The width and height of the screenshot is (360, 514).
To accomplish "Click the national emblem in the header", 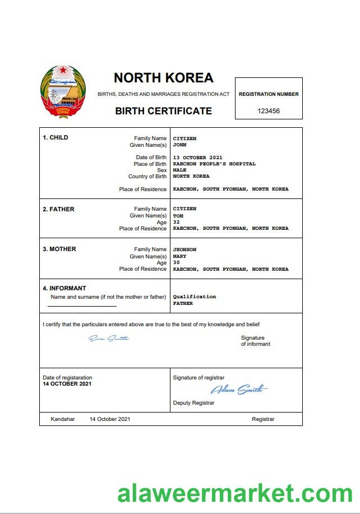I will tap(63, 91).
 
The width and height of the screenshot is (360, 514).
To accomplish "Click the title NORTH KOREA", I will tap(163, 78).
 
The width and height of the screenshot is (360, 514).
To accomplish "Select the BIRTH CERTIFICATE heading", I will tap(163, 111).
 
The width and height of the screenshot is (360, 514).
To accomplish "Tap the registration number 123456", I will tap(268, 111).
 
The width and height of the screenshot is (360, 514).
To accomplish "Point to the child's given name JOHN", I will tap(179, 145).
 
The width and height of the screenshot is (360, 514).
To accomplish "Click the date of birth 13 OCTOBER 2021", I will tap(198, 158).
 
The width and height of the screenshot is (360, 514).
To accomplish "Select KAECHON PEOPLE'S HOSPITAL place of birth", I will tap(214, 164).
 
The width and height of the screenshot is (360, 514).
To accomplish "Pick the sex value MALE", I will tap(179, 170).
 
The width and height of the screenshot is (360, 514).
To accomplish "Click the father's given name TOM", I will tap(178, 216).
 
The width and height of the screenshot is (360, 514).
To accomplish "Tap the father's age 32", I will tap(177, 222).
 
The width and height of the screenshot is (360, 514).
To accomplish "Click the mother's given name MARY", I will tap(179, 256).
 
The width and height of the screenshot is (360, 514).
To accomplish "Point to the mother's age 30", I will tap(177, 262).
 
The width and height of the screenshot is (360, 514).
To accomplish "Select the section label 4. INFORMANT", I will tap(64, 289).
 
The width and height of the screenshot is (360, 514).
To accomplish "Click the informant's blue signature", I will tap(109, 338).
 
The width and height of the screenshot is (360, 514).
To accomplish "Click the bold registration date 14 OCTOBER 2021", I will tap(67, 384).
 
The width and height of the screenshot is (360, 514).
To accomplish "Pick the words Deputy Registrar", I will tap(193, 403).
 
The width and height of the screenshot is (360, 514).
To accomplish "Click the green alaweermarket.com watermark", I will tap(235, 494).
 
